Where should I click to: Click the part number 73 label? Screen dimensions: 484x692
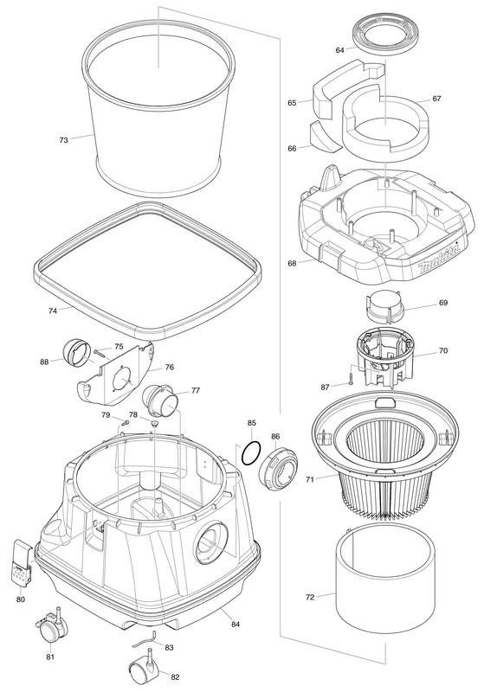pos(63,140)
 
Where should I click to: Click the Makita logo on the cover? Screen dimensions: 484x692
pos(439,257)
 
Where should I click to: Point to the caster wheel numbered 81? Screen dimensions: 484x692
pos(51,625)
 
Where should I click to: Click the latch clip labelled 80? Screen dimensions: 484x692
pos(22,563)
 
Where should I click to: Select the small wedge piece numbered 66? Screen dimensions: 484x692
pos(325,138)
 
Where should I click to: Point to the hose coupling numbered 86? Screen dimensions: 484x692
pos(278,468)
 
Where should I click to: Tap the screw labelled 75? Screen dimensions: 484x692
pos(100,353)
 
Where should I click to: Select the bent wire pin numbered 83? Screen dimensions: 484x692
pos(145,638)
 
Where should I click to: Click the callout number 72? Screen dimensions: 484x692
pos(310,597)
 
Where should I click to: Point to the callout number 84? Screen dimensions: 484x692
pos(236,624)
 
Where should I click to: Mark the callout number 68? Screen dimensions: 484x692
pos(292,264)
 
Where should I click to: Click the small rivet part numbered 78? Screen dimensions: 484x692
pos(154,423)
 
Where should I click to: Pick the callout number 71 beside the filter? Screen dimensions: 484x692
pos(310,479)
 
